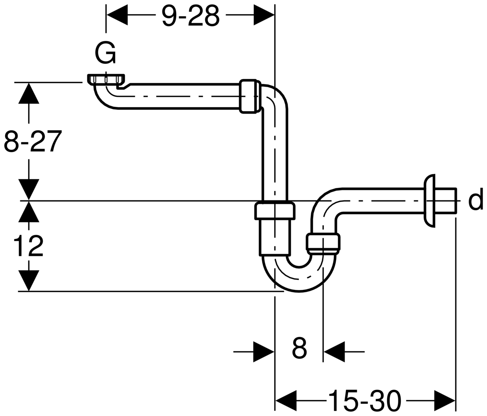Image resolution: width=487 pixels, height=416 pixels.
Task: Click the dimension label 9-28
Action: tap(191, 16)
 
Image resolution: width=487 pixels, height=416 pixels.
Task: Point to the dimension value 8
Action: tap(299, 348)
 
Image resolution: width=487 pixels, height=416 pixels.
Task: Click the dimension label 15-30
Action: tap(364, 400)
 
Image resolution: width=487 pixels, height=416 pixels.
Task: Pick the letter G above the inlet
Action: tap(105, 53)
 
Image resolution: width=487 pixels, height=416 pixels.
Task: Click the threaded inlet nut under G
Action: tap(106, 79)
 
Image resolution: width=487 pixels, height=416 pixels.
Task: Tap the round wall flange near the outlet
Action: tap(429, 200)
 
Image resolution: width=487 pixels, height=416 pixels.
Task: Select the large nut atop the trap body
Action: tap(275, 211)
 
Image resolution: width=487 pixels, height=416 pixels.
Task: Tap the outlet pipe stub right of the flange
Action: tap(445, 200)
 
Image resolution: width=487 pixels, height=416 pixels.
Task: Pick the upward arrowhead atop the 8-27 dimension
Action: tap(28, 93)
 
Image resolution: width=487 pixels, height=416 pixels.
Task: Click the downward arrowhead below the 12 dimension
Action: tap(28, 280)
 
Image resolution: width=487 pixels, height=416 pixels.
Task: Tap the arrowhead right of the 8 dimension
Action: tap(335, 352)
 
